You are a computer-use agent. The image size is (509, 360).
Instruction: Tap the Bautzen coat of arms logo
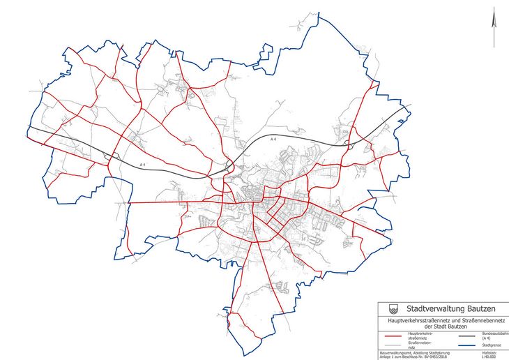coord(389,308)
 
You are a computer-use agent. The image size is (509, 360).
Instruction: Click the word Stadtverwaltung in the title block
coord(425,308)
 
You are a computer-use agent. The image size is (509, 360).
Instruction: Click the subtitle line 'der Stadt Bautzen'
coord(443,327)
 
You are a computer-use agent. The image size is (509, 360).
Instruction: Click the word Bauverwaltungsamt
coord(394,352)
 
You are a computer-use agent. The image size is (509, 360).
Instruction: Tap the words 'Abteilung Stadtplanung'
coord(429,352)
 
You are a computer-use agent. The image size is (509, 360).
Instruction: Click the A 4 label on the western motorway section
coord(142,165)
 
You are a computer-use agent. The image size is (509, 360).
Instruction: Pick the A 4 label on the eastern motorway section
coord(275,140)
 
